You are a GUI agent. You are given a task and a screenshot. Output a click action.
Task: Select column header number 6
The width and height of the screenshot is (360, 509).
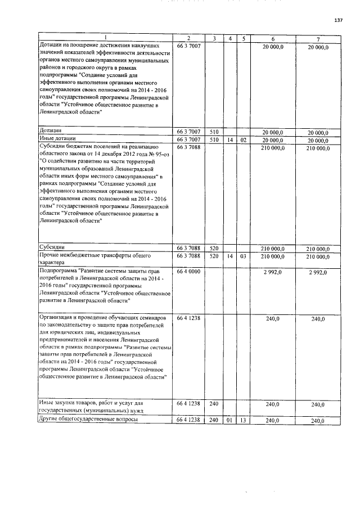[x=272, y=39]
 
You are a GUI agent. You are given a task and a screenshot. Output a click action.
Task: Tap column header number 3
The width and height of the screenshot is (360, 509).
[x=215, y=39]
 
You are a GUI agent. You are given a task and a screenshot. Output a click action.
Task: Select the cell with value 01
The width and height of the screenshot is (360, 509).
[x=229, y=421]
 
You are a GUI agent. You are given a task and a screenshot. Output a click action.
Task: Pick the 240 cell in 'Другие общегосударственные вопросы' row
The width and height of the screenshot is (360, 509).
[x=214, y=421]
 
